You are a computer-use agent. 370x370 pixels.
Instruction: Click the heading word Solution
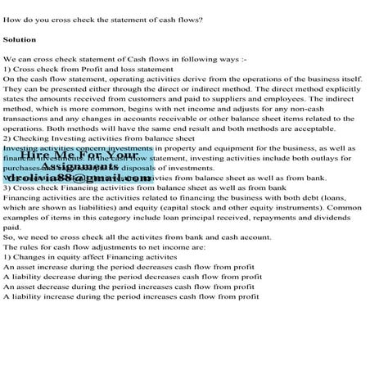click(20, 38)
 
